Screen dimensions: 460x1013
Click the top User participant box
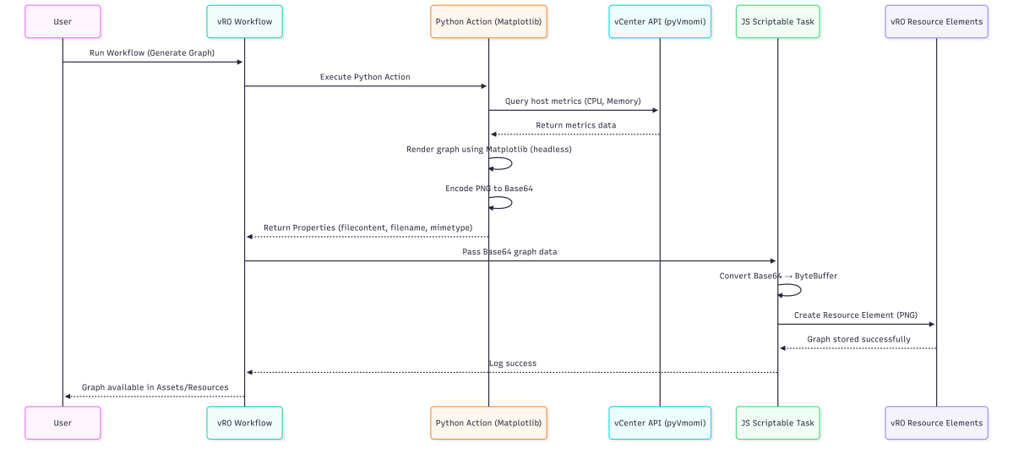[x=63, y=21]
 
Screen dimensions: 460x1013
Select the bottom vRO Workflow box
[x=244, y=423]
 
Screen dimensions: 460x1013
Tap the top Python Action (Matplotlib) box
[x=488, y=21]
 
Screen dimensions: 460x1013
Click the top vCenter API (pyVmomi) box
[x=660, y=21]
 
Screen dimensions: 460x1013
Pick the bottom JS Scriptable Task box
[x=777, y=423]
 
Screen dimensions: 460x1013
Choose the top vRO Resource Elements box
[x=936, y=21]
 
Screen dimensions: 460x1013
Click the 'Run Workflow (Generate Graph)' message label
[x=152, y=52]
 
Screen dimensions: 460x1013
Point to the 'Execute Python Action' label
[x=365, y=77]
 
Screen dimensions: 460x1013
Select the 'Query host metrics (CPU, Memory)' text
[x=573, y=101]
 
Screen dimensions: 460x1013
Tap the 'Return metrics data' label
[x=575, y=125]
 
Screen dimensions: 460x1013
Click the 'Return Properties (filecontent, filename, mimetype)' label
[x=368, y=227]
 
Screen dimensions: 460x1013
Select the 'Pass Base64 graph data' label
[x=509, y=252]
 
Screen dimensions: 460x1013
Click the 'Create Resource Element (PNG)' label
[x=855, y=315]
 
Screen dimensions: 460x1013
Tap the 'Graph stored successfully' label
[x=858, y=339]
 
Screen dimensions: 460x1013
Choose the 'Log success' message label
[x=512, y=364]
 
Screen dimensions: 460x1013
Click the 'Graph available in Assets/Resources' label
[x=155, y=387]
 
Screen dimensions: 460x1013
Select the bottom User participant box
[x=63, y=423]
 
